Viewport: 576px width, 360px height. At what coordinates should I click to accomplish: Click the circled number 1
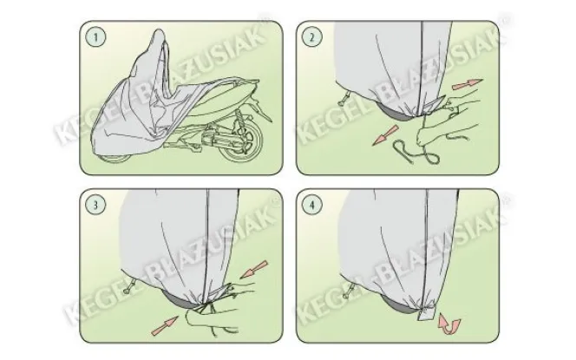coord(96,37)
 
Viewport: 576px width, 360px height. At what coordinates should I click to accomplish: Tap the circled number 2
coord(312,37)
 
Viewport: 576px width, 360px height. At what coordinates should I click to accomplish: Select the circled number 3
coord(95,205)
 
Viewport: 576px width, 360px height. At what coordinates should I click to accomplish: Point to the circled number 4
coord(312,205)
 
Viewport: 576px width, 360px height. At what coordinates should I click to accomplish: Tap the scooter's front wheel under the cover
coord(115,159)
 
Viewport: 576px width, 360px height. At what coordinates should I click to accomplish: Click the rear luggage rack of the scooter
coord(242,83)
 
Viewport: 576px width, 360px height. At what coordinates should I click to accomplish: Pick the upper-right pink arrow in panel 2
coord(467,85)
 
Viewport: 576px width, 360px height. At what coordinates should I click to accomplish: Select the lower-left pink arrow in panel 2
coord(386,134)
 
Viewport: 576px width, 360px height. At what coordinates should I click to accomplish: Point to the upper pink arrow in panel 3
coord(254,270)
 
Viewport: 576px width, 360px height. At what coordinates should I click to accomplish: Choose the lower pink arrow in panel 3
coord(165,326)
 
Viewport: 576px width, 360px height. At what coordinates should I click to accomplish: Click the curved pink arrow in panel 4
coord(448,324)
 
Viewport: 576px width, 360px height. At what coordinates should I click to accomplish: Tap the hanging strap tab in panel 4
coord(426,311)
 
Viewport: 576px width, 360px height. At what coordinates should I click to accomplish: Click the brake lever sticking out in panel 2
coord(345,97)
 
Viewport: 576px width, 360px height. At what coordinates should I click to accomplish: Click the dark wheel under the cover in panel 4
coord(398,303)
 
